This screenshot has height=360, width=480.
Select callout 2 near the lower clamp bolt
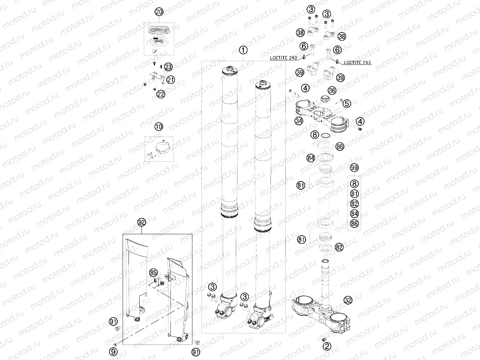pos(327,346)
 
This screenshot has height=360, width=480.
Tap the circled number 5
pos(359,104)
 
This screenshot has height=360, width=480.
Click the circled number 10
pos(158,127)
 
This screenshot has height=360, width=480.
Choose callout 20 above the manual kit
pos(158,12)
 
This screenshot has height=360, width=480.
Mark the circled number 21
pos(171,80)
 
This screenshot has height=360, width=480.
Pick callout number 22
pos(160,94)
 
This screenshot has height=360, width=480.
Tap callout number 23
pos(168,67)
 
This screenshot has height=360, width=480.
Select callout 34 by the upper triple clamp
pos(298,121)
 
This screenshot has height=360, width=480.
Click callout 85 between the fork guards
pos(154,273)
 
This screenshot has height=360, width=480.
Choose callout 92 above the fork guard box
pos(142,222)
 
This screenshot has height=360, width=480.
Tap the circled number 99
pos(355,168)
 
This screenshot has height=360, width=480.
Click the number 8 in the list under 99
pos(355,183)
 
